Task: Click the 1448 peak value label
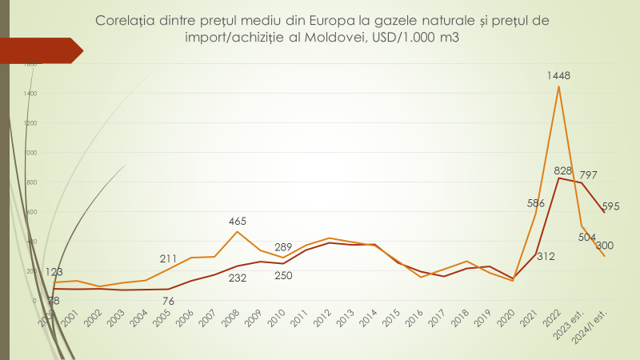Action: (558, 76)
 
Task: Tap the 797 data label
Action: (589, 175)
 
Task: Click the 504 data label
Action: (588, 238)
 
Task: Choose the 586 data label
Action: (535, 203)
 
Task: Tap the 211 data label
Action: (170, 258)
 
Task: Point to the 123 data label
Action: (54, 273)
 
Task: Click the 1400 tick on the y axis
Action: (30, 94)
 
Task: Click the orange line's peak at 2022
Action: (558, 86)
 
